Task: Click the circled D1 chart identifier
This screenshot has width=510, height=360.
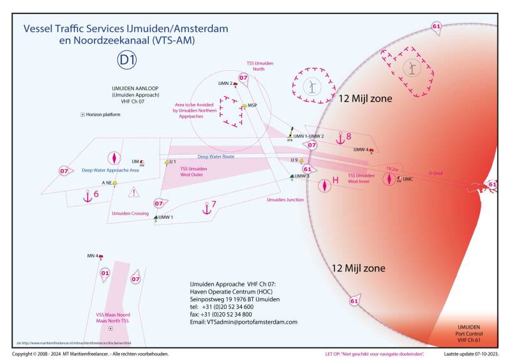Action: point(127,60)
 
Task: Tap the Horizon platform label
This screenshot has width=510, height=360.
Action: point(104,114)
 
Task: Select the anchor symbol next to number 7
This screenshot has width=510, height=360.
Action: point(206,207)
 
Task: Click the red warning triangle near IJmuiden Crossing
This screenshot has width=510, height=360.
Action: point(133,192)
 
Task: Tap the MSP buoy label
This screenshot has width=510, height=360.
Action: point(253,105)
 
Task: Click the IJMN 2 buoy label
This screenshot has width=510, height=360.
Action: point(225,84)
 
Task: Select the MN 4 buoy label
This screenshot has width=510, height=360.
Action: point(92,256)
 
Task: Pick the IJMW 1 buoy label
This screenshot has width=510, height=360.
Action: point(165,217)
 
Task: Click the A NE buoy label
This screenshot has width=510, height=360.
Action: point(107,183)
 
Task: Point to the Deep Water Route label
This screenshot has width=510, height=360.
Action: point(216,156)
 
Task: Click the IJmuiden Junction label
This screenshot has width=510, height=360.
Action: point(285,200)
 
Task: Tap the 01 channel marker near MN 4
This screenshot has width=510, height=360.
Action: point(105,273)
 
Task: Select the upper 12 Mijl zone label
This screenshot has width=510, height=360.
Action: point(365,99)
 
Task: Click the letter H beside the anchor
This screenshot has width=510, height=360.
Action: point(334,180)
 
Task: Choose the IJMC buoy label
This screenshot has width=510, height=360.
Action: point(409,179)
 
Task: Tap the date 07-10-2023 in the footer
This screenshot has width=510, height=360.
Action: point(484,353)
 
